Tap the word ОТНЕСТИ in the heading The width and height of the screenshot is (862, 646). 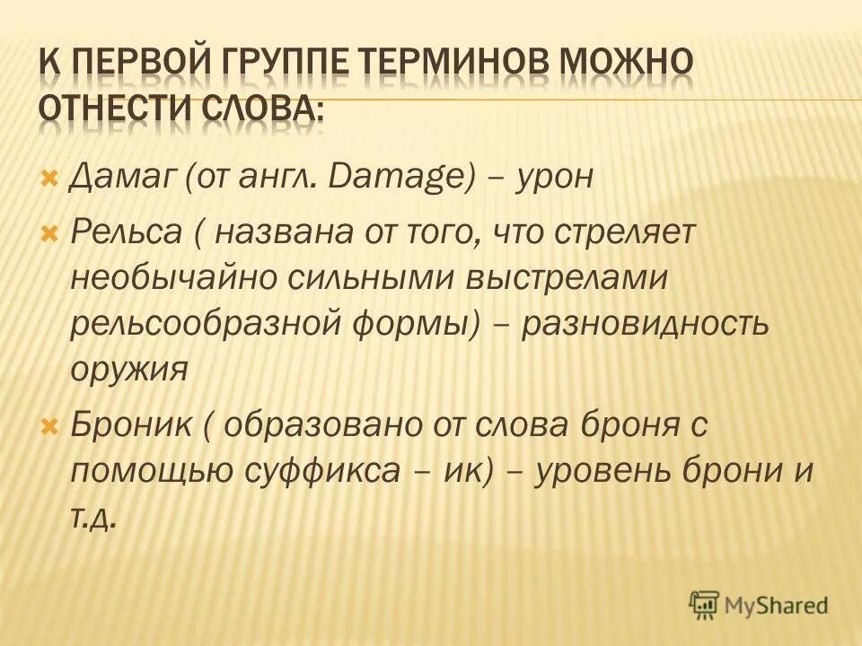point(110,115)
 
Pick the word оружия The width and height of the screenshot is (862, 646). point(128,369)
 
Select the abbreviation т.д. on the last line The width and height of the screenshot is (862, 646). point(94,517)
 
